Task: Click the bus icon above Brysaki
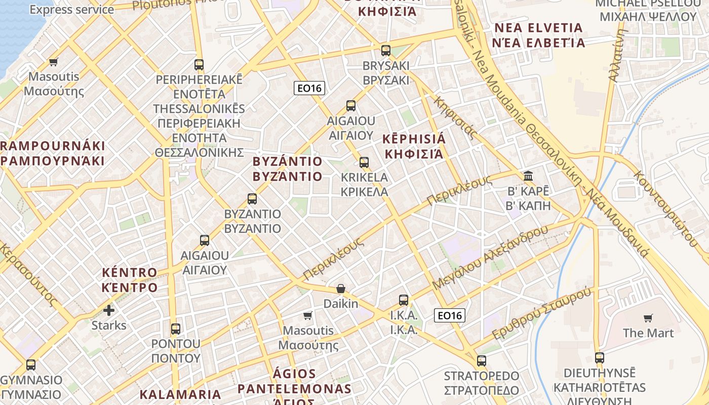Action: [x=386, y=51]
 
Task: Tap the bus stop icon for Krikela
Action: [x=364, y=163]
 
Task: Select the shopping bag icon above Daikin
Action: [x=341, y=289]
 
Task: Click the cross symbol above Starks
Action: [x=109, y=310]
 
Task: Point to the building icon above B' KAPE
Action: [x=528, y=177]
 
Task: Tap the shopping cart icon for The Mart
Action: [x=648, y=318]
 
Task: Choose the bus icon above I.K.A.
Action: [x=404, y=300]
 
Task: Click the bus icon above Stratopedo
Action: [x=482, y=361]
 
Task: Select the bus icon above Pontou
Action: [x=176, y=329]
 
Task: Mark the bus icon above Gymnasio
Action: [x=31, y=365]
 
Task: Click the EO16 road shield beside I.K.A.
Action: [x=449, y=316]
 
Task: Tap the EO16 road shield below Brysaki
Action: [x=309, y=88]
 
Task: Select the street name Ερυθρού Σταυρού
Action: [x=542, y=314]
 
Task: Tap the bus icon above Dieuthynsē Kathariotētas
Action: [x=600, y=358]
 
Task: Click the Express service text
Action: [x=72, y=10]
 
